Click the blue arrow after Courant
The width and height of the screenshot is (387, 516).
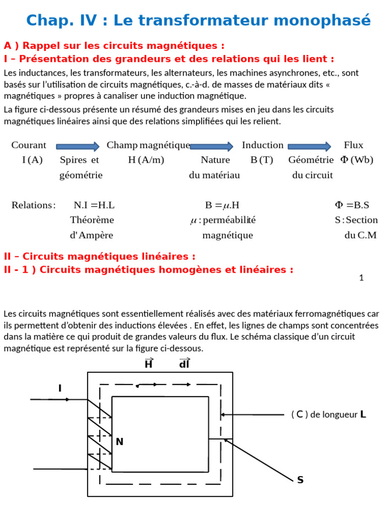(x=78, y=146)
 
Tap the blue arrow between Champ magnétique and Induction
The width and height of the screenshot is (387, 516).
(x=211, y=146)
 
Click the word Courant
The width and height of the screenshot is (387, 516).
(x=29, y=145)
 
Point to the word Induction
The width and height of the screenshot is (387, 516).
(x=263, y=145)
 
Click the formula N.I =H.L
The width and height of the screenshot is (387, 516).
(x=94, y=205)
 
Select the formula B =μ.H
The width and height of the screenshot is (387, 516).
(x=222, y=205)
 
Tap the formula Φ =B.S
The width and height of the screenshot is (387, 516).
(x=352, y=205)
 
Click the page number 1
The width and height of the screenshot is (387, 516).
(x=361, y=278)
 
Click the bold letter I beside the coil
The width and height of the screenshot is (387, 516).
(x=60, y=388)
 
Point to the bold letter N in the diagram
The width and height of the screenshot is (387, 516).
(x=119, y=442)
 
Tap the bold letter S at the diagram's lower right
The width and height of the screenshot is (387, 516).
(x=300, y=480)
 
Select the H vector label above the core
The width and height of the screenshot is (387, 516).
(x=149, y=363)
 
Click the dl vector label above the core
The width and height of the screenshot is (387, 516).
(x=184, y=363)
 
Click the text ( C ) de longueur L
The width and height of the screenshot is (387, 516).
(x=329, y=415)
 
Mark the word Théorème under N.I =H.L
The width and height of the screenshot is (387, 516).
(x=92, y=220)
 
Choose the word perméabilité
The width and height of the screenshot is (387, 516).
(x=223, y=220)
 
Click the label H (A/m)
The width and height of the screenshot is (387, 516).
(x=146, y=160)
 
